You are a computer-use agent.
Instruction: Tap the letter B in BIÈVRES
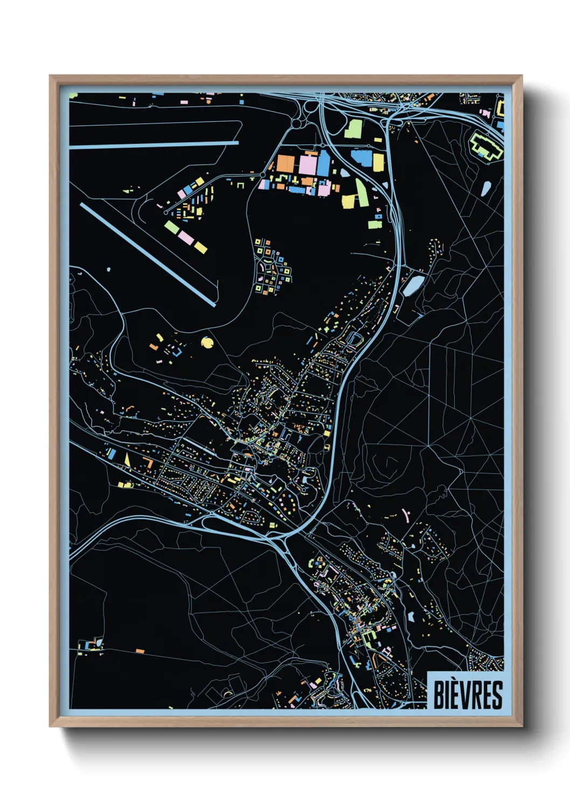tap(439, 695)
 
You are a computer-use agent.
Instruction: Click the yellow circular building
tap(206, 342)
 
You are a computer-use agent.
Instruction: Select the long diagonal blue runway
tap(148, 254)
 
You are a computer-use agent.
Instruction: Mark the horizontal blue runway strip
tap(154, 145)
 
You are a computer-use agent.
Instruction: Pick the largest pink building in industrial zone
tap(308, 164)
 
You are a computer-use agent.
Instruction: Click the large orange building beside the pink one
tap(285, 163)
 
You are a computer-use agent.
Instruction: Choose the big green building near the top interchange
tap(353, 129)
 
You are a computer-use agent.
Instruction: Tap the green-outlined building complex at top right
tap(486, 144)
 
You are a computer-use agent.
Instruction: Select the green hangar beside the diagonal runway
tap(172, 227)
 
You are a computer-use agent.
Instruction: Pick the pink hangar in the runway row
tap(186, 237)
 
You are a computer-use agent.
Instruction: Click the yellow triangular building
tap(128, 459)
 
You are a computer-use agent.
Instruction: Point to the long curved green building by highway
tap(361, 191)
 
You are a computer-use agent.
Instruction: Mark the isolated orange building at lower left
tap(140, 651)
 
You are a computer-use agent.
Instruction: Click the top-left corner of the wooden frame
tap(51, 77)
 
